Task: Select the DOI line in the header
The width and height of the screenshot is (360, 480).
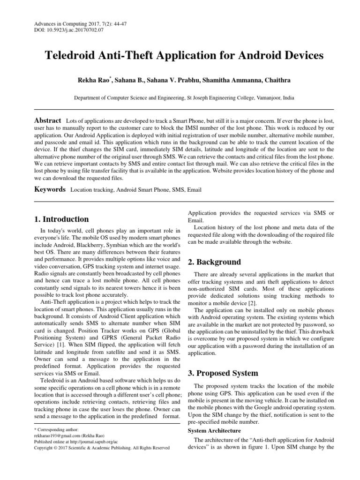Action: pyautogui.click(x=69, y=30)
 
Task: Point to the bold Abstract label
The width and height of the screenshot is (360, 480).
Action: pyautogui.click(x=48, y=120)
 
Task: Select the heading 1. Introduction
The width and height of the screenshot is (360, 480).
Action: pyautogui.click(x=62, y=219)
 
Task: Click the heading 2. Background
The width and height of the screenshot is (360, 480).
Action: pyautogui.click(x=214, y=262)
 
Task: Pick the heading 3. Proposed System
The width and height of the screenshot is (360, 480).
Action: pyautogui.click(x=223, y=373)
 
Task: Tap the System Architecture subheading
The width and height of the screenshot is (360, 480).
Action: pyautogui.click(x=214, y=430)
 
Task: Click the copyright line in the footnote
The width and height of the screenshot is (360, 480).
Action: pyautogui.click(x=102, y=448)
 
